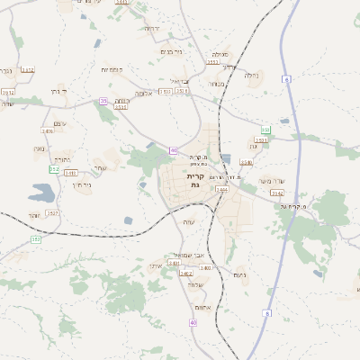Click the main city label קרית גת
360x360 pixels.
194,180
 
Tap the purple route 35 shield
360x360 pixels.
103,102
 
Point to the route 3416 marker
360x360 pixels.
48,130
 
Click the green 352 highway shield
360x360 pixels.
54,168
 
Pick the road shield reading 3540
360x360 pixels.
246,163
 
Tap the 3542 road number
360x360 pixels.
276,193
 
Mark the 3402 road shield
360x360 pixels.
205,268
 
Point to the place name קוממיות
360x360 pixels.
112,69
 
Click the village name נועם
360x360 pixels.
239,274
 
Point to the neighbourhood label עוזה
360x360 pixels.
188,222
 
